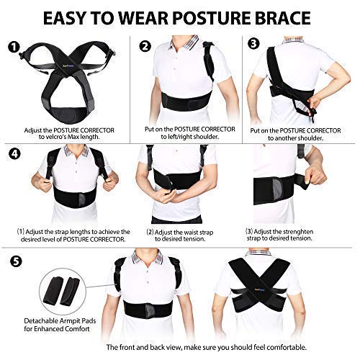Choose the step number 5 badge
pos(13,260)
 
